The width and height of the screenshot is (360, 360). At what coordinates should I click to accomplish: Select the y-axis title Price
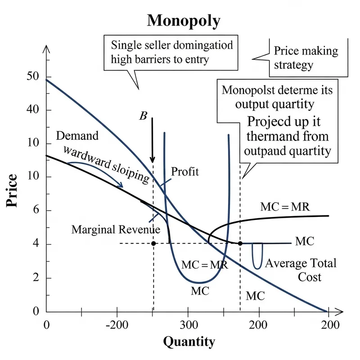(x=12, y=190)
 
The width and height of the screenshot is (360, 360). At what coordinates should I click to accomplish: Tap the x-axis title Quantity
(x=189, y=342)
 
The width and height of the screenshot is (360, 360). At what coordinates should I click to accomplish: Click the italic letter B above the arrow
(x=143, y=116)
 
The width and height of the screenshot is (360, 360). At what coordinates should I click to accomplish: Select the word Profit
(x=185, y=171)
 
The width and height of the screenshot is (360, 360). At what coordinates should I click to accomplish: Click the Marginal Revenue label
(x=116, y=229)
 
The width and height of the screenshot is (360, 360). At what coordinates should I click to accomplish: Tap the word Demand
(x=77, y=136)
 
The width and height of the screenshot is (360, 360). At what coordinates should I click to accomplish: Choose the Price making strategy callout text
(x=299, y=58)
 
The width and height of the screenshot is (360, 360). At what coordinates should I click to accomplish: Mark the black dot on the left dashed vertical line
(x=153, y=243)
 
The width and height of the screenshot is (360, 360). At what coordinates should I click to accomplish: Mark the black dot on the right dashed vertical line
(x=240, y=243)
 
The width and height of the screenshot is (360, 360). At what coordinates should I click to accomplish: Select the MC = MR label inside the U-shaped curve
(x=204, y=265)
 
